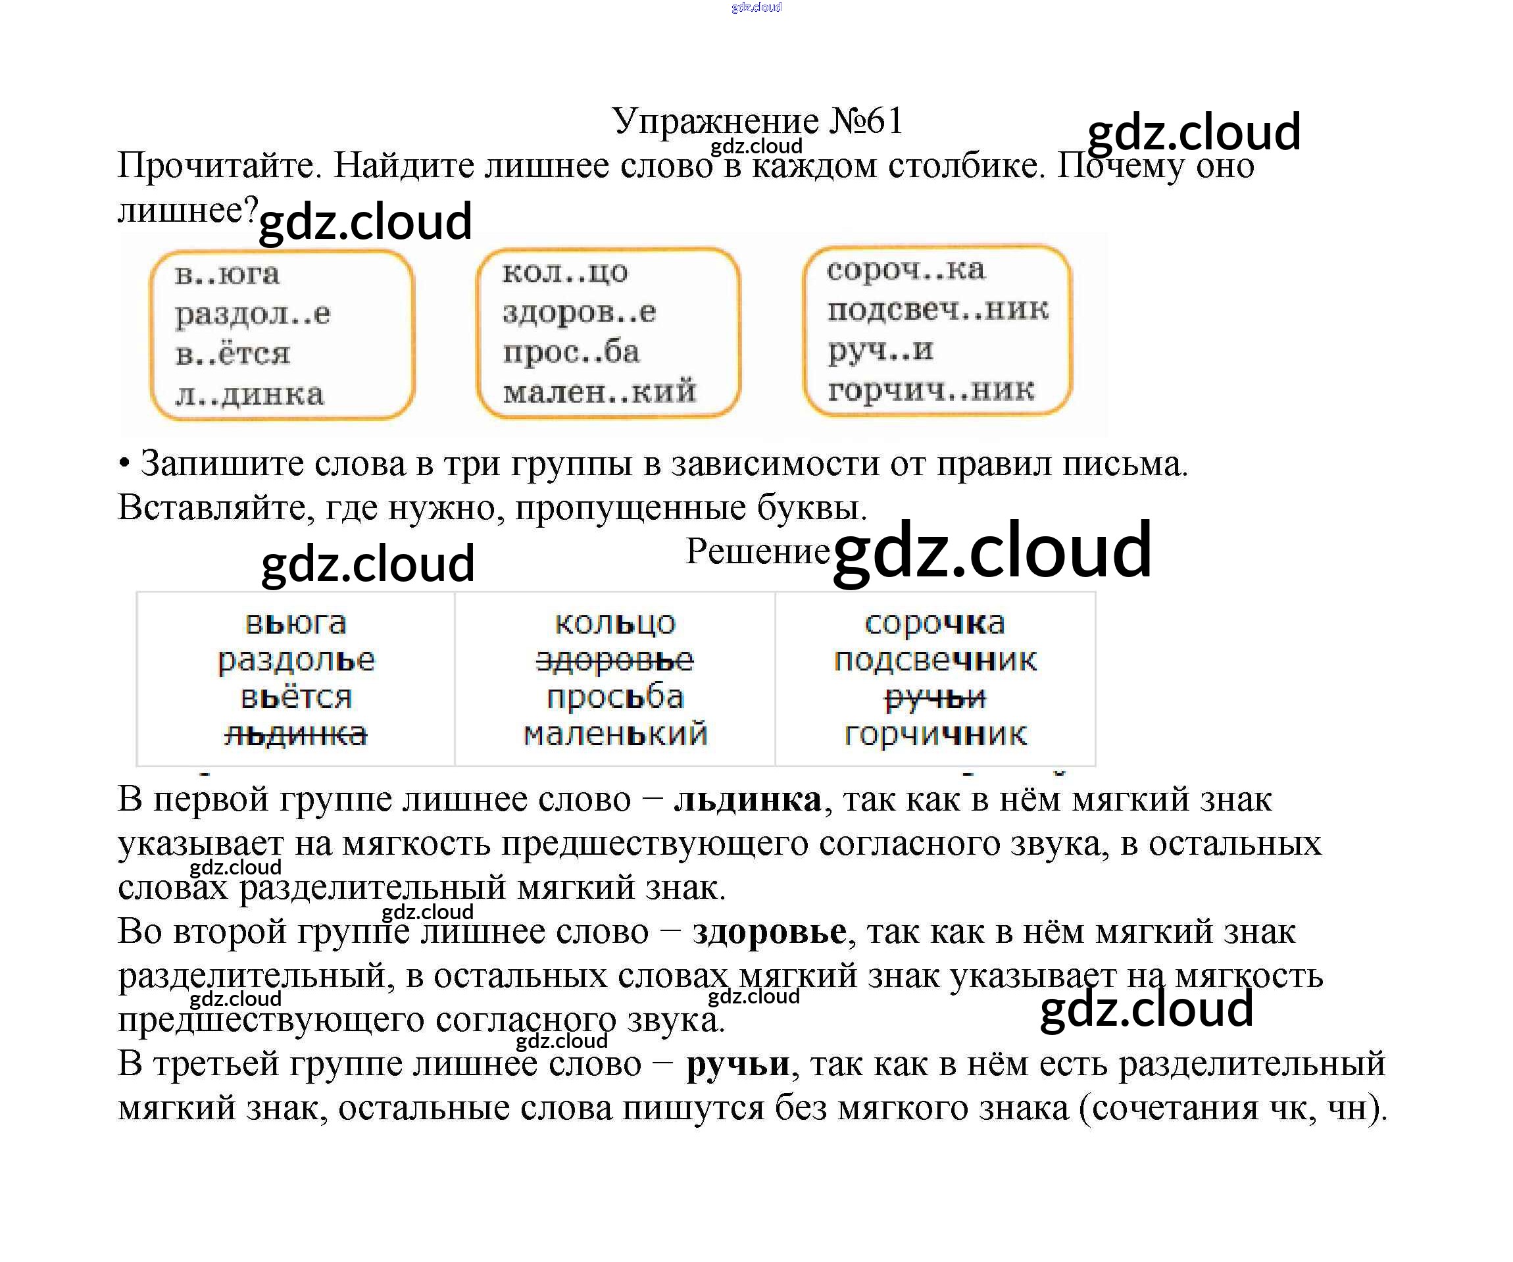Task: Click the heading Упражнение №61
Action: coord(756,120)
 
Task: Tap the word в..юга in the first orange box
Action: coord(227,274)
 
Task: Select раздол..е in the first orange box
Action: coord(252,315)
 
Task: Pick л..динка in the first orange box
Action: coord(249,395)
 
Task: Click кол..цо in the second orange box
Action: coord(565,272)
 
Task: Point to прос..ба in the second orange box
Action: coord(570,353)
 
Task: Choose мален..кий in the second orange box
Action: coord(599,392)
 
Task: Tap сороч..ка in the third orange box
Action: coord(905,270)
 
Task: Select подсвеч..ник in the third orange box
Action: coord(937,310)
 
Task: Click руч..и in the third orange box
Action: coord(880,351)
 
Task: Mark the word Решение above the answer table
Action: coord(757,551)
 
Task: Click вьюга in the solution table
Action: coord(295,623)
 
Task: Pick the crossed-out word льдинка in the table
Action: coord(295,734)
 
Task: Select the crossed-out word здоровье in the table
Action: coord(614,660)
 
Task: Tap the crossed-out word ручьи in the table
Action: coord(935,697)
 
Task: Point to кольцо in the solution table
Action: coord(614,623)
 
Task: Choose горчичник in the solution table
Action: coord(935,734)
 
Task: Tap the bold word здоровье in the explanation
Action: coord(769,932)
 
